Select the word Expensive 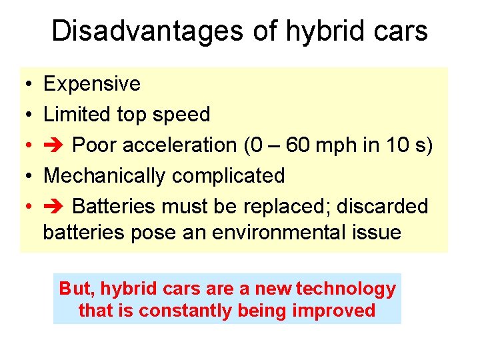tap(92, 84)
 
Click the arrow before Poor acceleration tap(54, 145)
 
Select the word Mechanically tap(105, 176)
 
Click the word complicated tap(229, 177)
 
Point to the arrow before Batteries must tap(54, 207)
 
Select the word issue tap(377, 233)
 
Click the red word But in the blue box tap(73, 289)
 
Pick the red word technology tap(346, 289)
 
